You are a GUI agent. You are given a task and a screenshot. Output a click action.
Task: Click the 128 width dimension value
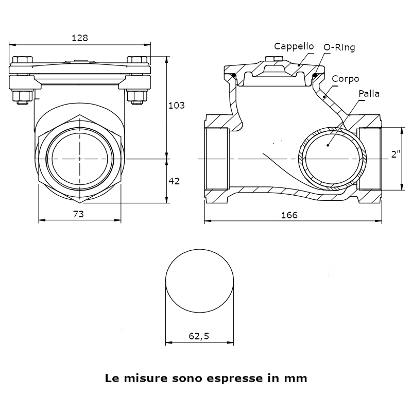pyautogui.click(x=80, y=38)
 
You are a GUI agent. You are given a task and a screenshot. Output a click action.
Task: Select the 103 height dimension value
pyautogui.click(x=177, y=106)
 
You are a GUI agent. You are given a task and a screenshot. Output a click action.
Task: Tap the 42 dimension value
pyautogui.click(x=174, y=181)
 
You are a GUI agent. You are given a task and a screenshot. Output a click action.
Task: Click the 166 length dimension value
pyautogui.click(x=289, y=215)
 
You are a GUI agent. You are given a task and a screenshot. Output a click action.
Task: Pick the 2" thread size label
pyautogui.click(x=396, y=154)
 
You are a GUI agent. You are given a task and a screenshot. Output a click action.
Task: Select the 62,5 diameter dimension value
pyautogui.click(x=199, y=336)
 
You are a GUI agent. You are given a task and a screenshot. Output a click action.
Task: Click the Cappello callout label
pyautogui.click(x=294, y=46)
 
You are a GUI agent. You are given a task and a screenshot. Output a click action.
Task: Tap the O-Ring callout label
pyautogui.click(x=339, y=48)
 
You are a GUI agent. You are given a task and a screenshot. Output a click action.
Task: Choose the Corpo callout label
pyautogui.click(x=345, y=79)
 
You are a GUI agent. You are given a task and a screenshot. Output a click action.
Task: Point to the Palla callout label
pyautogui.click(x=369, y=94)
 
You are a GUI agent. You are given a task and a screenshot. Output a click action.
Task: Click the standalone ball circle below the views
pyautogui.click(x=199, y=281)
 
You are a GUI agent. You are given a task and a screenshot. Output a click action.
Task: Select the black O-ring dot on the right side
pyautogui.click(x=314, y=77)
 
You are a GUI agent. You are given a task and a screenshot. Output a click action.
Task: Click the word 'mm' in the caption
pyautogui.click(x=295, y=379)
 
